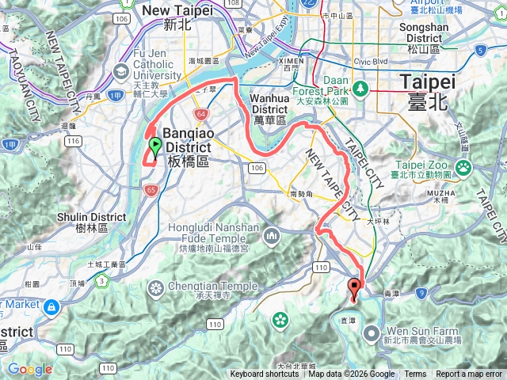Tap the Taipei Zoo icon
pos(463,168)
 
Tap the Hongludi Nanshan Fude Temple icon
pos(272,235)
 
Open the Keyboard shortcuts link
pos(265,374)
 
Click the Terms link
pos(414,374)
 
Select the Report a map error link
pos(469,374)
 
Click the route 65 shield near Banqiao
pos(152,189)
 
